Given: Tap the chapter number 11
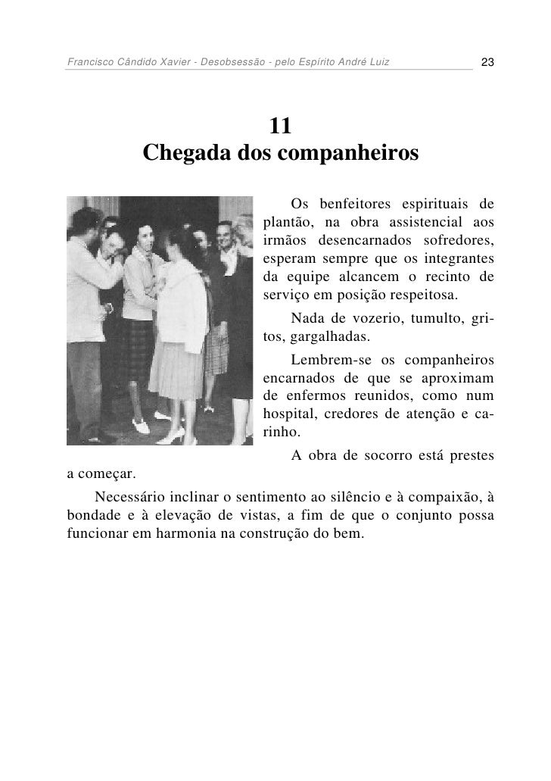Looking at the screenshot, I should (280, 126).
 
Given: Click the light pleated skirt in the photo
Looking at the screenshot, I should (180, 372).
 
